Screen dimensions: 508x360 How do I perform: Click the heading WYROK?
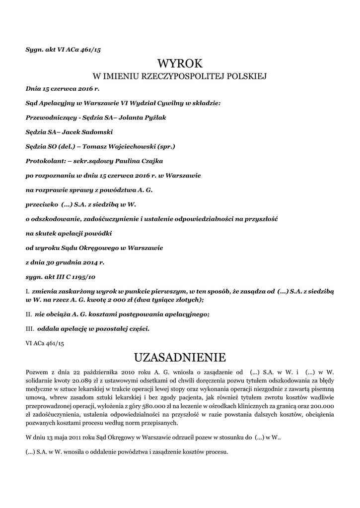point(180,63)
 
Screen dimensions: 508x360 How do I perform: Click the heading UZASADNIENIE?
point(180,357)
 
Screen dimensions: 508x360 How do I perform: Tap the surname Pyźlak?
point(155,118)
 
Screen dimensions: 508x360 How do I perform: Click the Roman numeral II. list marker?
point(28,314)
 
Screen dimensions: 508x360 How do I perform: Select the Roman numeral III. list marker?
point(29,328)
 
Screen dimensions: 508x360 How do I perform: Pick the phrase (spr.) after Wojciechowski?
point(165,146)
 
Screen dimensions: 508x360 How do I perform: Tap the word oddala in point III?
point(48,328)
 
